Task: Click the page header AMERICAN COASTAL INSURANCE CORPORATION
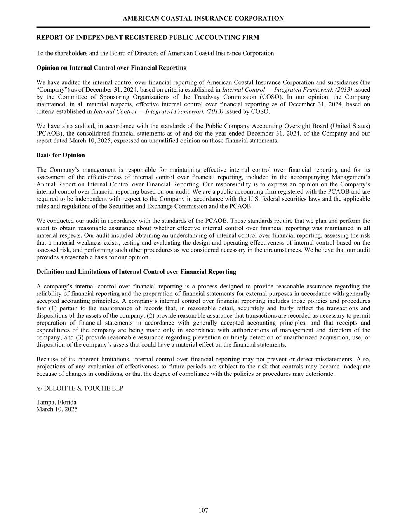[x=203, y=18]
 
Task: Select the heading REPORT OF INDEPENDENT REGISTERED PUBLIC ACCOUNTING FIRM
[x=148, y=37]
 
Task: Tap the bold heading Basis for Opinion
[x=61, y=155]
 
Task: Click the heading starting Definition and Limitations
[x=136, y=272]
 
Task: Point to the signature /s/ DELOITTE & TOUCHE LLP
[x=80, y=388]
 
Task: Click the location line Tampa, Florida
[x=56, y=402]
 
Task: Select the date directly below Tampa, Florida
[x=57, y=409]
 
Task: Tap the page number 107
[x=203, y=510]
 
